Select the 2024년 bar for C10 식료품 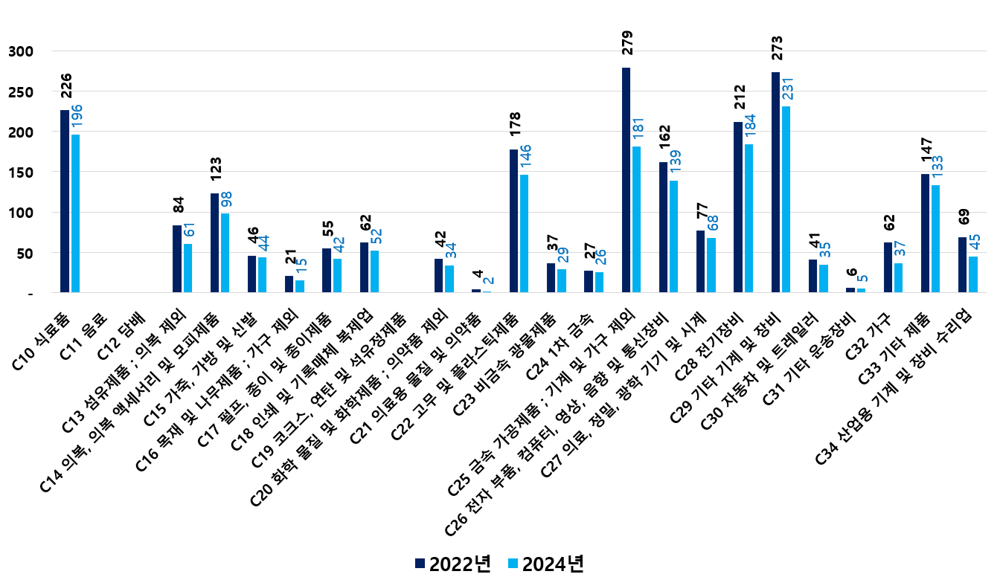pyautogui.click(x=75, y=213)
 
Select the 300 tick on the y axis pyautogui.click(x=20, y=51)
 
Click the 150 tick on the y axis pyautogui.click(x=20, y=173)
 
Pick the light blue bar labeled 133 pyautogui.click(x=936, y=239)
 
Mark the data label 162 pyautogui.click(x=664, y=138)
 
